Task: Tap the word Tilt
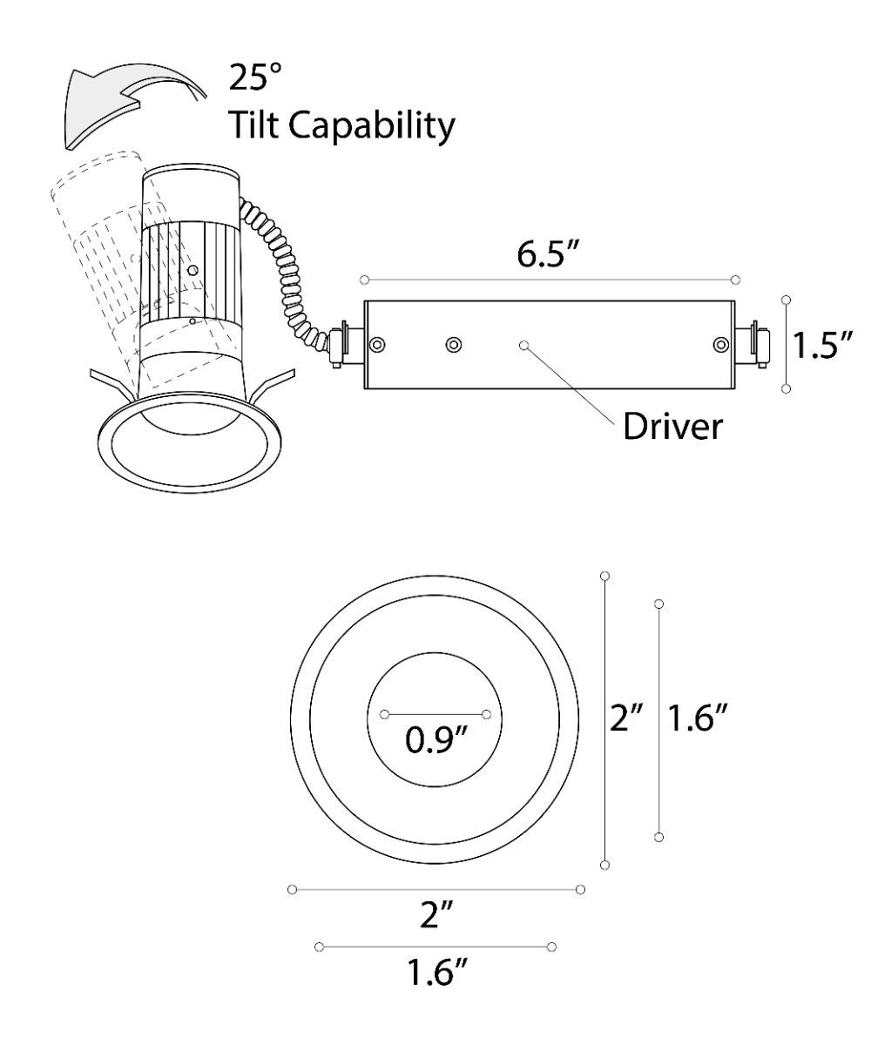(x=254, y=126)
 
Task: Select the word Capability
(x=375, y=128)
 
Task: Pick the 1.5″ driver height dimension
(x=820, y=345)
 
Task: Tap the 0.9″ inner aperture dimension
(x=435, y=745)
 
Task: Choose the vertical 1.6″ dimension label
(x=697, y=719)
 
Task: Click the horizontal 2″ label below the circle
(x=435, y=917)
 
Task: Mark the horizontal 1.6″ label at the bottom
(x=435, y=974)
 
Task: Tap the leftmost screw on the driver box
(x=376, y=345)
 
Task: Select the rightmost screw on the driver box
(x=719, y=345)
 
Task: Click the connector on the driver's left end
(x=344, y=345)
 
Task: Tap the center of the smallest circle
(x=435, y=714)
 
